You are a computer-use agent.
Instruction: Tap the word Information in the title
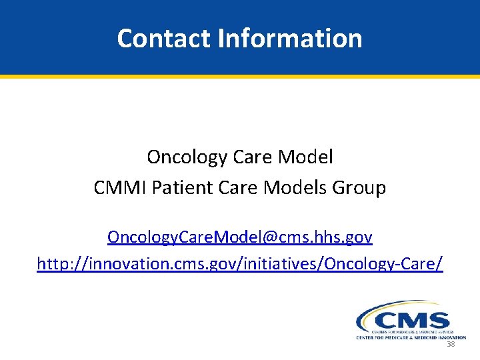pos(290,39)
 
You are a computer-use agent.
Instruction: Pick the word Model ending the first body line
pos(307,157)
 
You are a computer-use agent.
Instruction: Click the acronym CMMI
pos(121,188)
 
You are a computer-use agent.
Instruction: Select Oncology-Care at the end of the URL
pos(380,264)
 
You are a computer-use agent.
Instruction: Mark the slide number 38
pos(451,345)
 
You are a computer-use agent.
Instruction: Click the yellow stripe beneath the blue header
pos(240,77)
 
